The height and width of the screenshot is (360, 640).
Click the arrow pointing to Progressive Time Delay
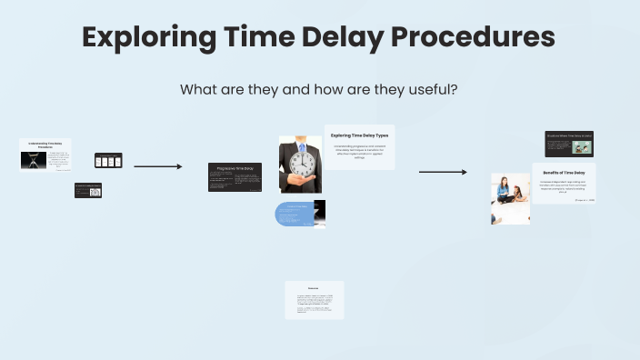[x=158, y=166]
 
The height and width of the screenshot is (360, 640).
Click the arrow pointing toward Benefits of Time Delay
[x=443, y=172]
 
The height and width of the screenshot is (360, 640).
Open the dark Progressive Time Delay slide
[x=235, y=176]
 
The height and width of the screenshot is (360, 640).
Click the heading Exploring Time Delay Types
[x=359, y=135]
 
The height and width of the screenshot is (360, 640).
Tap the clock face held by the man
[x=301, y=164]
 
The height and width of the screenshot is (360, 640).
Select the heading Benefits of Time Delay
[x=563, y=171]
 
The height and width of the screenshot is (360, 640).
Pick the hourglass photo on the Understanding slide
[x=34, y=161]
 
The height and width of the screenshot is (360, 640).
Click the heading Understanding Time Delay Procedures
[x=45, y=145]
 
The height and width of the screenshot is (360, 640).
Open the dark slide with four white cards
[x=108, y=161]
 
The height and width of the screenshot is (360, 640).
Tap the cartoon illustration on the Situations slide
[x=556, y=147]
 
